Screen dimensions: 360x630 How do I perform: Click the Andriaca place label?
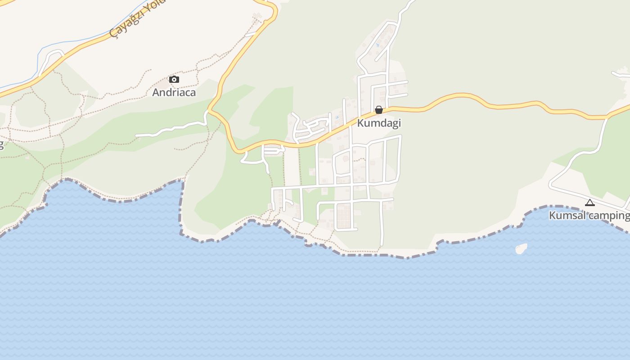click(x=174, y=92)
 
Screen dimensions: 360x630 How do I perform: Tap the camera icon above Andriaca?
click(x=174, y=80)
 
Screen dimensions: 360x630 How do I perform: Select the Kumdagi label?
click(x=379, y=123)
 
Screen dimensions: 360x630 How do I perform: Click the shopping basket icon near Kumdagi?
click(x=379, y=110)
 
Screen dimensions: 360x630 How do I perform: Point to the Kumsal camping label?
click(x=589, y=216)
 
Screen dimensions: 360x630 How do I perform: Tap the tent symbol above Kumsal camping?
click(x=590, y=203)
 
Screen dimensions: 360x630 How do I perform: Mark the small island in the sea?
click(x=521, y=248)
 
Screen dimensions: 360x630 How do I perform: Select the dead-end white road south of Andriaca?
click(x=171, y=128)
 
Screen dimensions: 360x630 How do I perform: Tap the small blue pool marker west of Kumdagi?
click(x=337, y=117)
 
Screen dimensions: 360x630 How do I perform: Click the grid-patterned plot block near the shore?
click(x=343, y=216)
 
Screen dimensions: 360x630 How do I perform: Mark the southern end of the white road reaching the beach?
click(x=382, y=244)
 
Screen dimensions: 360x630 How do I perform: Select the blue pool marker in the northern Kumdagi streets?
click(x=377, y=45)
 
